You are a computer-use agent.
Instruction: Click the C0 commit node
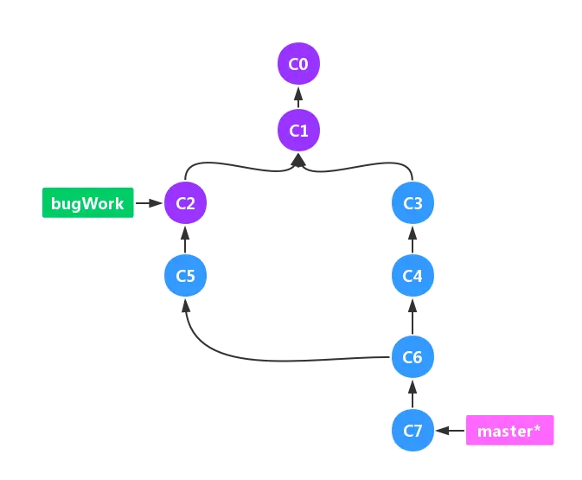click(298, 65)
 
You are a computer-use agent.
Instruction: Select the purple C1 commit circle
click(298, 131)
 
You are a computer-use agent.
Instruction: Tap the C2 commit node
click(185, 204)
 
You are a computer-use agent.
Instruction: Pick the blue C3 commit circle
click(413, 204)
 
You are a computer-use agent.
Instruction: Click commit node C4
click(413, 277)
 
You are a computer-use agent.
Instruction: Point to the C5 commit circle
click(185, 277)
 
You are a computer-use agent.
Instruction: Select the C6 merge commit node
click(413, 356)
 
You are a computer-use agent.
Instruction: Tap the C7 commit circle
click(413, 430)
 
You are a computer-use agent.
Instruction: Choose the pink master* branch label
click(509, 430)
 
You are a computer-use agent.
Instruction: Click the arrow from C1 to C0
click(298, 98)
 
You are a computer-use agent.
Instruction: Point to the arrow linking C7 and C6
click(413, 393)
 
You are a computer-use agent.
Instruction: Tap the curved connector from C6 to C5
click(259, 356)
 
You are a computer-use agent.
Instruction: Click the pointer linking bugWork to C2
click(150, 205)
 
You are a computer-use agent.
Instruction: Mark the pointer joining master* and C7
click(449, 430)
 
